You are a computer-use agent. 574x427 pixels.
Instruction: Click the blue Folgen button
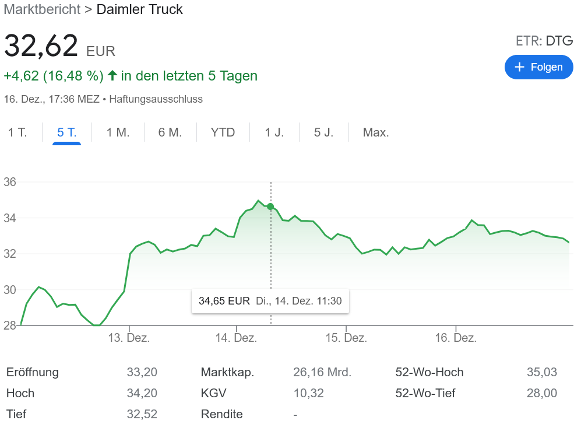pyautogui.click(x=538, y=67)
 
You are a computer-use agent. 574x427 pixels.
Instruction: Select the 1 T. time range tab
pyautogui.click(x=17, y=132)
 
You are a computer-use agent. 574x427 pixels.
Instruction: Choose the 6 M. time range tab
pyautogui.click(x=170, y=132)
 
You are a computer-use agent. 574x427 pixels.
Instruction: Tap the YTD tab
pyautogui.click(x=223, y=132)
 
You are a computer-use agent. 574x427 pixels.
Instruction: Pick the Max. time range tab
pyautogui.click(x=376, y=132)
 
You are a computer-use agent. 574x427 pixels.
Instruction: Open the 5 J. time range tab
pyautogui.click(x=323, y=132)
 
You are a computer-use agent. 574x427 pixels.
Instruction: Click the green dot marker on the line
pyautogui.click(x=270, y=206)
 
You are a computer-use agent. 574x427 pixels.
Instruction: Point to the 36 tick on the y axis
pyautogui.click(x=10, y=182)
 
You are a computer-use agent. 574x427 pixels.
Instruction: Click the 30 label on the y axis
pyautogui.click(x=10, y=290)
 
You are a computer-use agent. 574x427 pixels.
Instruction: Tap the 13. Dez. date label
pyautogui.click(x=130, y=338)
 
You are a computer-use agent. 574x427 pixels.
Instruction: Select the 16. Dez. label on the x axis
pyautogui.click(x=456, y=338)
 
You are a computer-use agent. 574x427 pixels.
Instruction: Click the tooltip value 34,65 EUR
pyautogui.click(x=224, y=301)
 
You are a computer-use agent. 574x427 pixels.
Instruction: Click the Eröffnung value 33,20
pyautogui.click(x=142, y=372)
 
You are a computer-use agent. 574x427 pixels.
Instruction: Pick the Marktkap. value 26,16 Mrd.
pyautogui.click(x=322, y=372)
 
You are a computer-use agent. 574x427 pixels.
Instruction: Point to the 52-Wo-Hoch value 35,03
pyautogui.click(x=542, y=372)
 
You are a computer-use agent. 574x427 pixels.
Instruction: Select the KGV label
pyautogui.click(x=213, y=393)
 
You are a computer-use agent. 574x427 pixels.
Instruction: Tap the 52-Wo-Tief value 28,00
pyautogui.click(x=542, y=393)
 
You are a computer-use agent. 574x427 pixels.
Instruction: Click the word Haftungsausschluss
pyautogui.click(x=156, y=99)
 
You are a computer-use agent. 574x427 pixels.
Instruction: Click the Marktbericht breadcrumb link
pyautogui.click(x=42, y=9)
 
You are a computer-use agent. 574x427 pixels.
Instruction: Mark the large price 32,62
pyautogui.click(x=41, y=46)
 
